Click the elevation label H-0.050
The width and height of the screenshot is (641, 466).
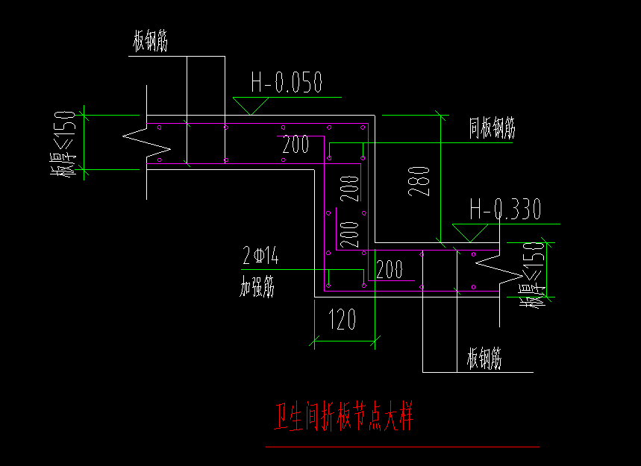pos(287,82)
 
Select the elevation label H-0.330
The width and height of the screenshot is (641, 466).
pos(504,211)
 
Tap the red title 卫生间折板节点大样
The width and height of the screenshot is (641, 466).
pos(344,418)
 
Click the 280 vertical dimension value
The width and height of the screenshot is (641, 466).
pos(421,181)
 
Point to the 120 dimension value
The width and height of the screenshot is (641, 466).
pos(343,320)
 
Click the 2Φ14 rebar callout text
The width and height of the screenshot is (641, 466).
pos(260,257)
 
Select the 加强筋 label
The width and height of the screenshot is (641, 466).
pos(257,286)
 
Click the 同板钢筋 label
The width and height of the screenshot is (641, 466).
pos(492,129)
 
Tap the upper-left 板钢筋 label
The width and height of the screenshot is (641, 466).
pos(150,42)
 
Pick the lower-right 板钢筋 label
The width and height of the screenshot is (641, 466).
pos(484,360)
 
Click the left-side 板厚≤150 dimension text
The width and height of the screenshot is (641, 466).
pos(64,144)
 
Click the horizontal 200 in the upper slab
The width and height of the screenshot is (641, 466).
pos(296,145)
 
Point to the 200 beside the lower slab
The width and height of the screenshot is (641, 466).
pos(389,269)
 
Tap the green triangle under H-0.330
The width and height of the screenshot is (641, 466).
pos(467,233)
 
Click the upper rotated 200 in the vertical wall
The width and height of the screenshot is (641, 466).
pos(348,189)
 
